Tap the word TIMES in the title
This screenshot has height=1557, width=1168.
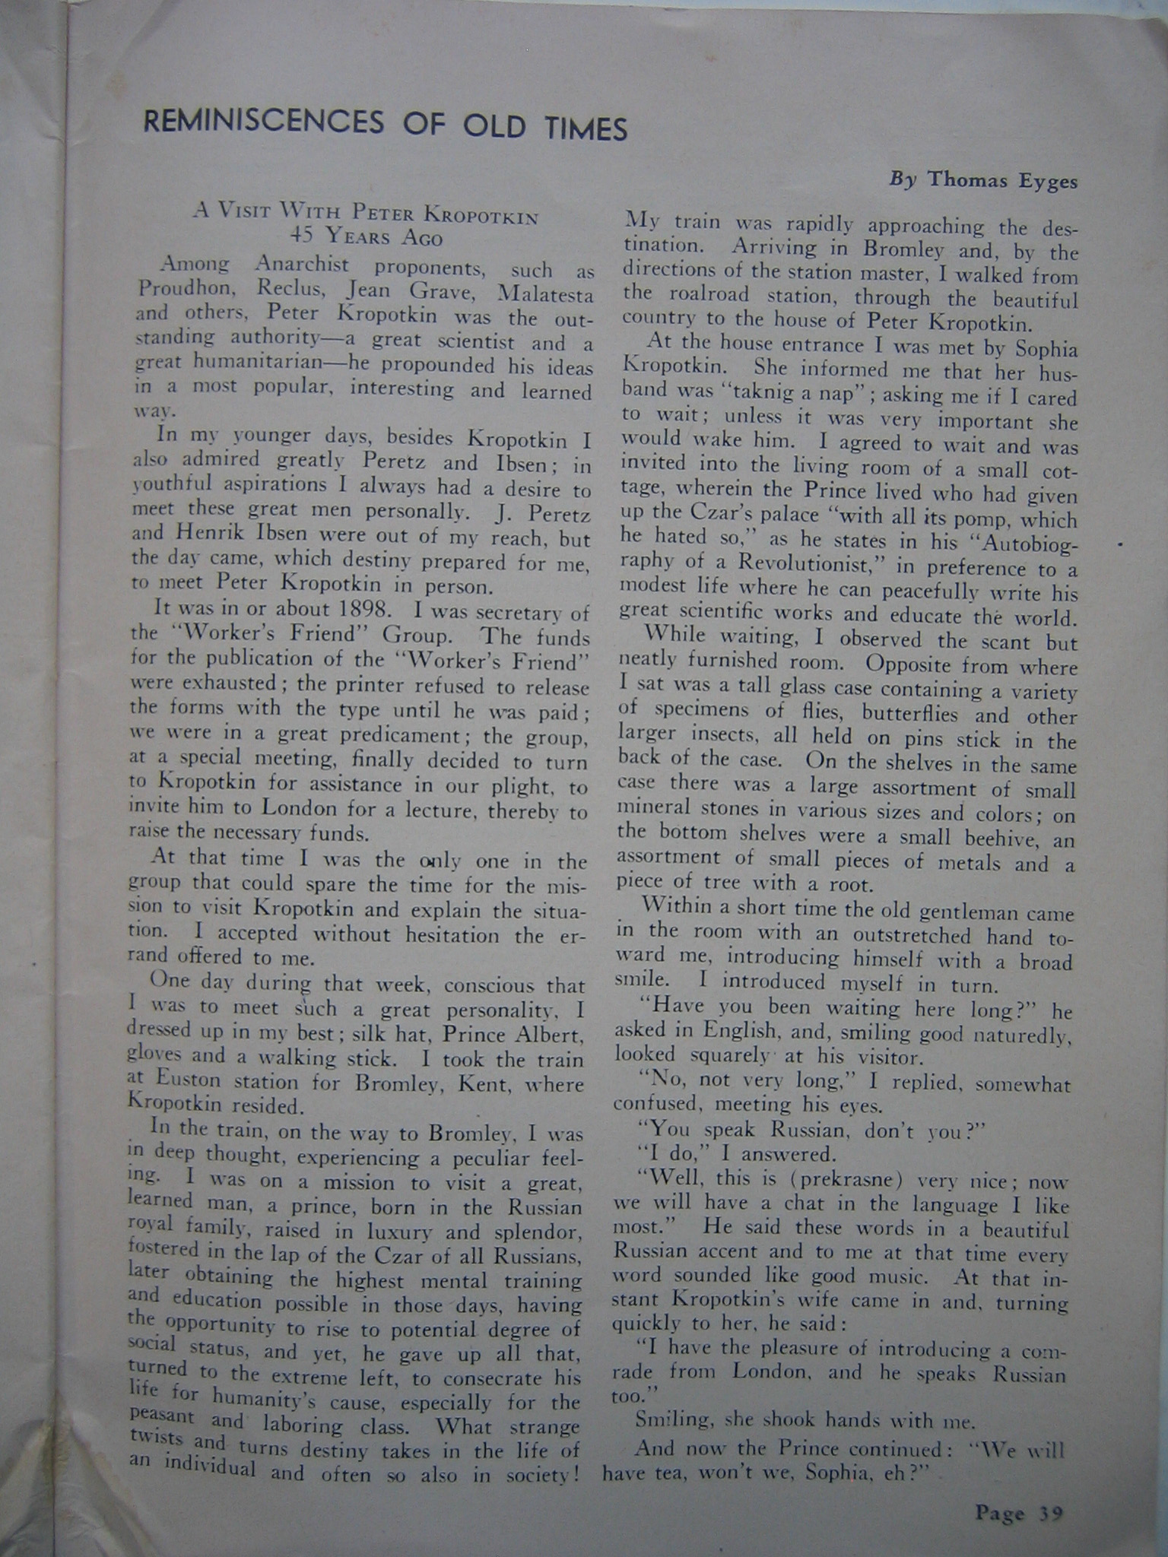586,129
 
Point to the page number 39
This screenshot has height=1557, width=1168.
1050,1513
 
